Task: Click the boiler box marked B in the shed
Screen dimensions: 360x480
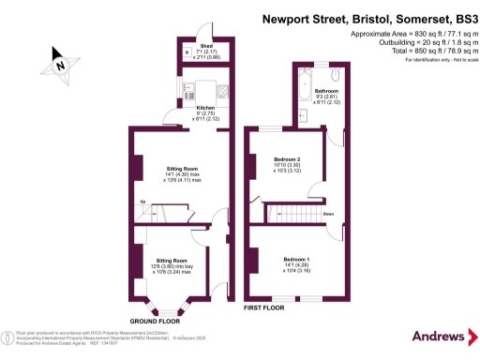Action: click(x=188, y=52)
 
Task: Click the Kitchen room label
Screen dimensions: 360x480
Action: click(x=204, y=108)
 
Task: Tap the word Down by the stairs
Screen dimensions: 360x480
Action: click(x=328, y=214)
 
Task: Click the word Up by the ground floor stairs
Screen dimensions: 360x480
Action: click(x=142, y=202)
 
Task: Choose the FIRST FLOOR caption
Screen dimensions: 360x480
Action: click(x=263, y=307)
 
